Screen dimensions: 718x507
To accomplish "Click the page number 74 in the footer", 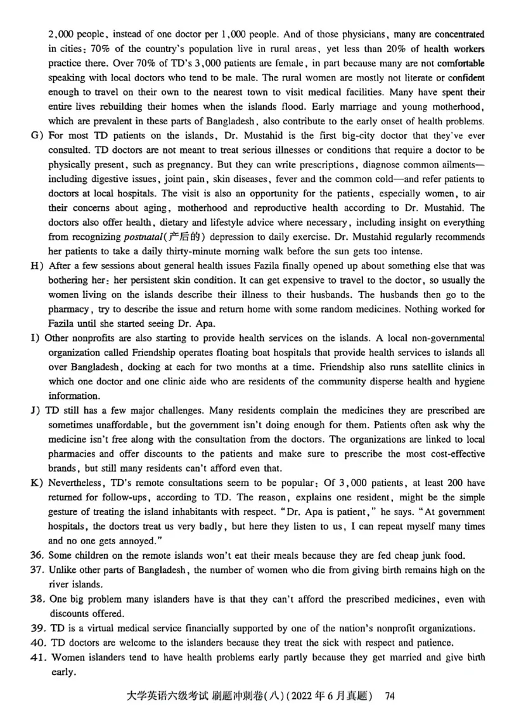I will pyautogui.click(x=390, y=696).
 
